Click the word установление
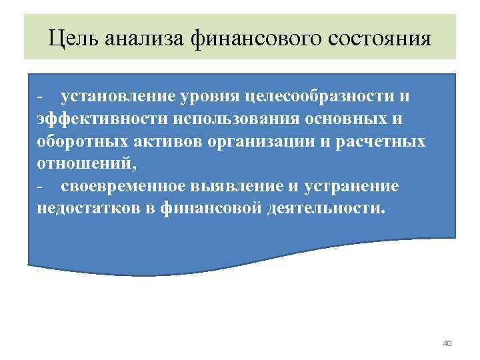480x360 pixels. point(117,97)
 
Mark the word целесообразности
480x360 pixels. point(318,97)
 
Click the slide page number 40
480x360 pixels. point(447,343)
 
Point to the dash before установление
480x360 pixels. point(40,98)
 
